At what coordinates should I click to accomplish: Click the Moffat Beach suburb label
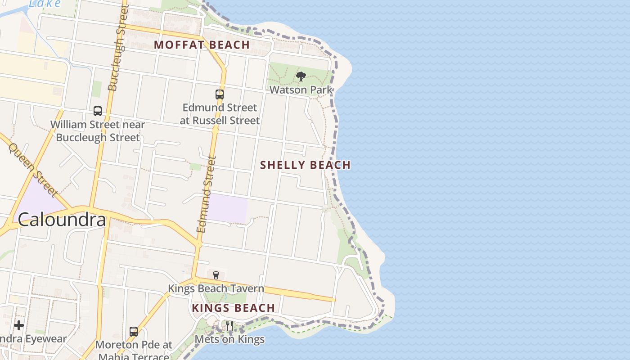(x=202, y=45)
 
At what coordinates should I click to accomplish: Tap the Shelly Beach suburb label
(x=305, y=165)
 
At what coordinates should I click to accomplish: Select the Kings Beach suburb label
(x=233, y=308)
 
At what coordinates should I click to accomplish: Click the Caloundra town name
(x=62, y=220)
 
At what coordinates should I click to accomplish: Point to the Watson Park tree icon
(x=301, y=76)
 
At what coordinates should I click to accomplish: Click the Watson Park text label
(x=301, y=90)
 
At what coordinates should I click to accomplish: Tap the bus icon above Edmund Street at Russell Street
(x=220, y=94)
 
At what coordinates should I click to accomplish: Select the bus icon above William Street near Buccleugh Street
(x=98, y=111)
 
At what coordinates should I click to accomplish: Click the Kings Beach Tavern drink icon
(x=216, y=275)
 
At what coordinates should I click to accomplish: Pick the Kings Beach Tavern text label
(x=216, y=288)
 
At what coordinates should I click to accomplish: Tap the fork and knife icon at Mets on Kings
(x=229, y=325)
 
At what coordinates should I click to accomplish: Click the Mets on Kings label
(x=229, y=339)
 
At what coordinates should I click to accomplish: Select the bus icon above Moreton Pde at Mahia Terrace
(x=134, y=332)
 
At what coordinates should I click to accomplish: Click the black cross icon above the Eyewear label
(x=19, y=325)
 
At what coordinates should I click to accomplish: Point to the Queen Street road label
(x=33, y=170)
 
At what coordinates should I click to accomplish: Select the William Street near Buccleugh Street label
(x=98, y=131)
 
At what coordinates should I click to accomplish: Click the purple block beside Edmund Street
(x=227, y=208)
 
